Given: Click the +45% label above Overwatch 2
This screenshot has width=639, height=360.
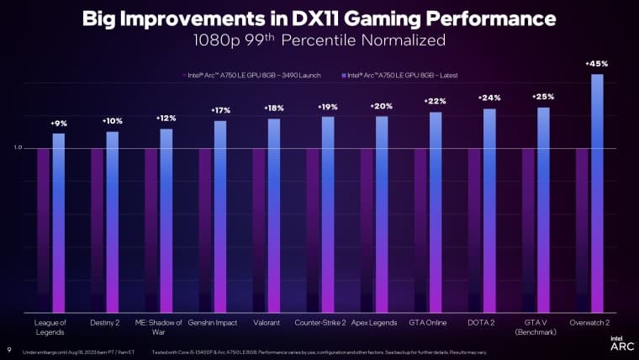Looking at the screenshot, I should (597, 63).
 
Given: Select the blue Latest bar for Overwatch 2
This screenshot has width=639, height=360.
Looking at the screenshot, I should (597, 193).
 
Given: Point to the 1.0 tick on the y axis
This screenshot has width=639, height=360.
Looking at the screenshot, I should (18, 148).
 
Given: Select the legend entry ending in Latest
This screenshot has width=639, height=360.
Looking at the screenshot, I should (399, 75).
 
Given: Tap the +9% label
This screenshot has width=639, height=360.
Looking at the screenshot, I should (59, 124).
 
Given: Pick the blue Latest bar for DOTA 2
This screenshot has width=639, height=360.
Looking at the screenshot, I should (489, 210).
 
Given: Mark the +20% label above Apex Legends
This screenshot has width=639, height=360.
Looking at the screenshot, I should (382, 106).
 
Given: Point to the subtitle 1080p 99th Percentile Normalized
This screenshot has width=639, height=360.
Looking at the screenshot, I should (319, 40).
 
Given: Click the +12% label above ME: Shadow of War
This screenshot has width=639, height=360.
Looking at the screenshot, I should (166, 119).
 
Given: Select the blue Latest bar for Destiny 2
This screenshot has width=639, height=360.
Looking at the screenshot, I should (113, 222).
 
